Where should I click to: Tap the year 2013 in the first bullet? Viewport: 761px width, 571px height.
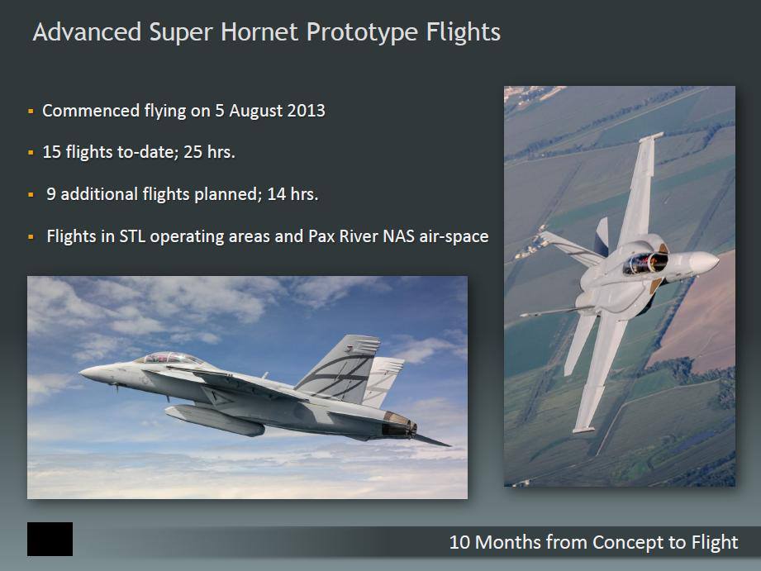(307, 110)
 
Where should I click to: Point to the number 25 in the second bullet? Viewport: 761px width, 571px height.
(193, 152)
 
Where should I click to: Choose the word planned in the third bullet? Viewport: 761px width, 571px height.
(226, 195)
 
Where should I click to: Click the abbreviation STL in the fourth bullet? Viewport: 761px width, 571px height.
(132, 236)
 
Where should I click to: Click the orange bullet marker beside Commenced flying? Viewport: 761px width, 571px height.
(31, 112)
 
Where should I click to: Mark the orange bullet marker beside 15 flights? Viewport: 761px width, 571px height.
(31, 153)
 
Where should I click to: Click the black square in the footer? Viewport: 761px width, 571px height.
(50, 539)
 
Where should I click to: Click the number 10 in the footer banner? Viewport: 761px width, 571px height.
(459, 542)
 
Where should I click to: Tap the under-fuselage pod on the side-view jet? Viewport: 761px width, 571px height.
(215, 420)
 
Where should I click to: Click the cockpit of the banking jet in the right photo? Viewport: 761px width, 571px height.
(645, 263)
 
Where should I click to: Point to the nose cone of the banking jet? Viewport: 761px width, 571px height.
(704, 262)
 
